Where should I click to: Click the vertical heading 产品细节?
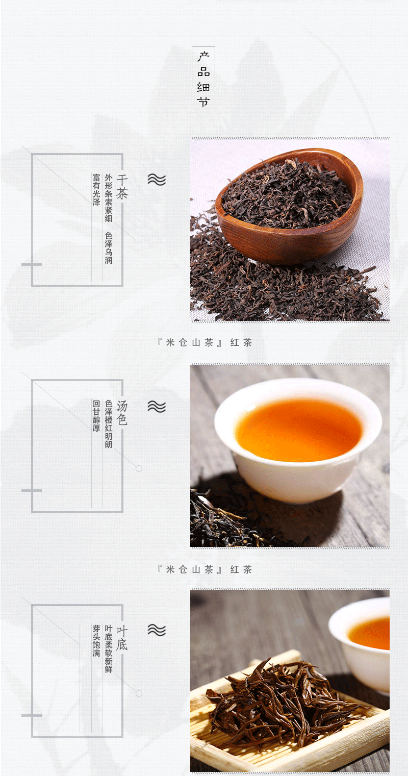[x=203, y=79]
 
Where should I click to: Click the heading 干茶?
[x=122, y=187]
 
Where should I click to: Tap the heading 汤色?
[x=122, y=413]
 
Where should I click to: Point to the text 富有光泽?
[x=96, y=189]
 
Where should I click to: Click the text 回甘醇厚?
[x=96, y=416]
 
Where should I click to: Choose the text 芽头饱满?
[x=96, y=641]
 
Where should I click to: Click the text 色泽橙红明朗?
[x=109, y=423]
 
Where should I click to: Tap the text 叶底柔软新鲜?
[x=109, y=649]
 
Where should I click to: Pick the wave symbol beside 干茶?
[x=157, y=179]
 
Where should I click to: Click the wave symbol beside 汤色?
[x=157, y=406]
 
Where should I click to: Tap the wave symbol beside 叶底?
[x=157, y=630]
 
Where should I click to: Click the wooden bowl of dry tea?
[x=288, y=205]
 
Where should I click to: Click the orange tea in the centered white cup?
[x=298, y=430]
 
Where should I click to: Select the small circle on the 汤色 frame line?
[x=139, y=469]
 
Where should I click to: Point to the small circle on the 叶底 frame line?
[x=139, y=693]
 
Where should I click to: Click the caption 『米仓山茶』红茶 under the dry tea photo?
[x=205, y=343]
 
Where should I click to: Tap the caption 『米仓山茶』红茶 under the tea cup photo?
[x=205, y=569]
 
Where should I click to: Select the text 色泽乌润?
[x=109, y=248]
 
